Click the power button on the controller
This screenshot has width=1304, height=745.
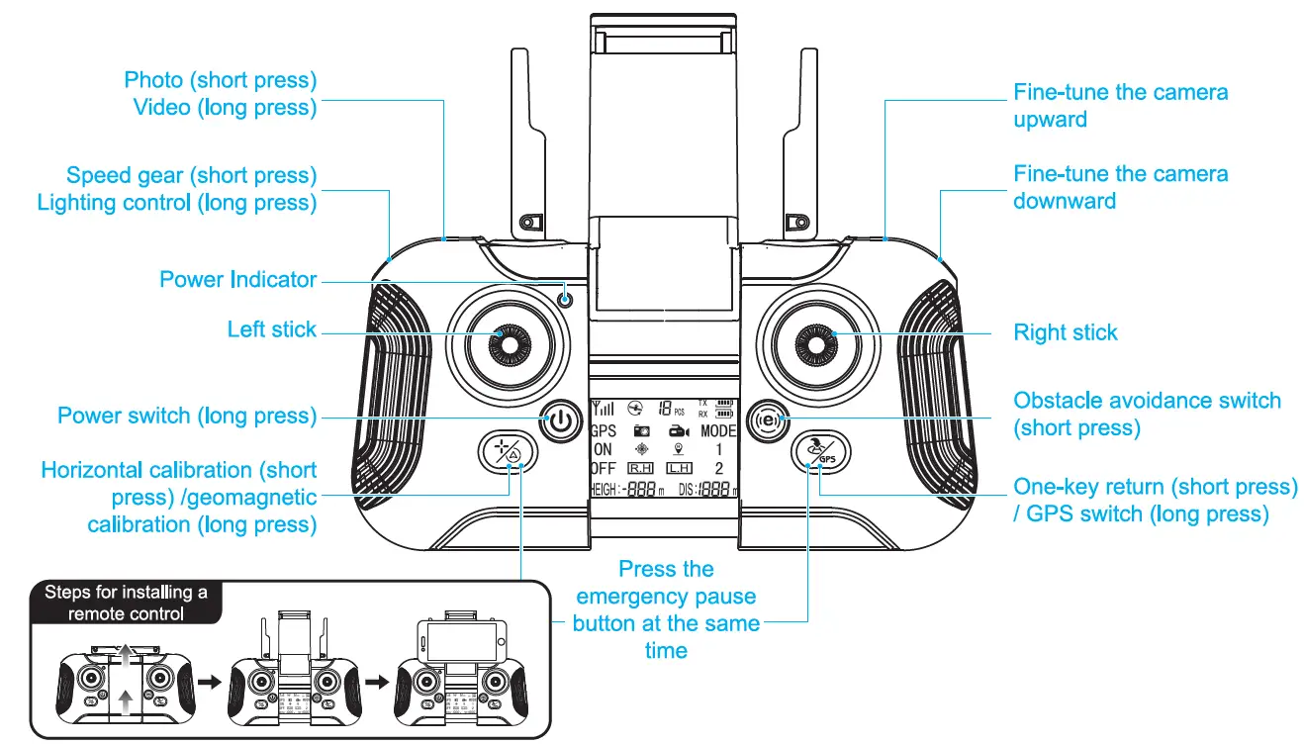pyautogui.click(x=560, y=420)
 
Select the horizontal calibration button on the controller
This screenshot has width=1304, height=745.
pyautogui.click(x=507, y=453)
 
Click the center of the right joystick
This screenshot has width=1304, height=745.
pyautogui.click(x=817, y=342)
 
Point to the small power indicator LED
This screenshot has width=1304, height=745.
pyautogui.click(x=565, y=298)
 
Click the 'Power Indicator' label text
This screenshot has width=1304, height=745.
pyautogui.click(x=237, y=280)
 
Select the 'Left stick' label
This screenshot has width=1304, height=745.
pyautogui.click(x=271, y=329)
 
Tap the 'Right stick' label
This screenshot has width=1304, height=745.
pyautogui.click(x=1065, y=332)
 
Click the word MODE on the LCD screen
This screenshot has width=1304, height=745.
pyautogui.click(x=718, y=431)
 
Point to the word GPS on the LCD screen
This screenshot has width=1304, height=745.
pyautogui.click(x=603, y=431)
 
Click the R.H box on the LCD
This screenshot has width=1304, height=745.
pyautogui.click(x=640, y=468)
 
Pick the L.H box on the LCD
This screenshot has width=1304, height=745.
pyautogui.click(x=678, y=468)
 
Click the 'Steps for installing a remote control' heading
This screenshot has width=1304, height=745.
pyautogui.click(x=126, y=603)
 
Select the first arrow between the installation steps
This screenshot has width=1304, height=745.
pyautogui.click(x=208, y=683)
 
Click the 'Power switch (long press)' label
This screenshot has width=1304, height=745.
pyautogui.click(x=187, y=416)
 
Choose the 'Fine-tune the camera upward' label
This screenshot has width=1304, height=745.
pyautogui.click(x=1120, y=106)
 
